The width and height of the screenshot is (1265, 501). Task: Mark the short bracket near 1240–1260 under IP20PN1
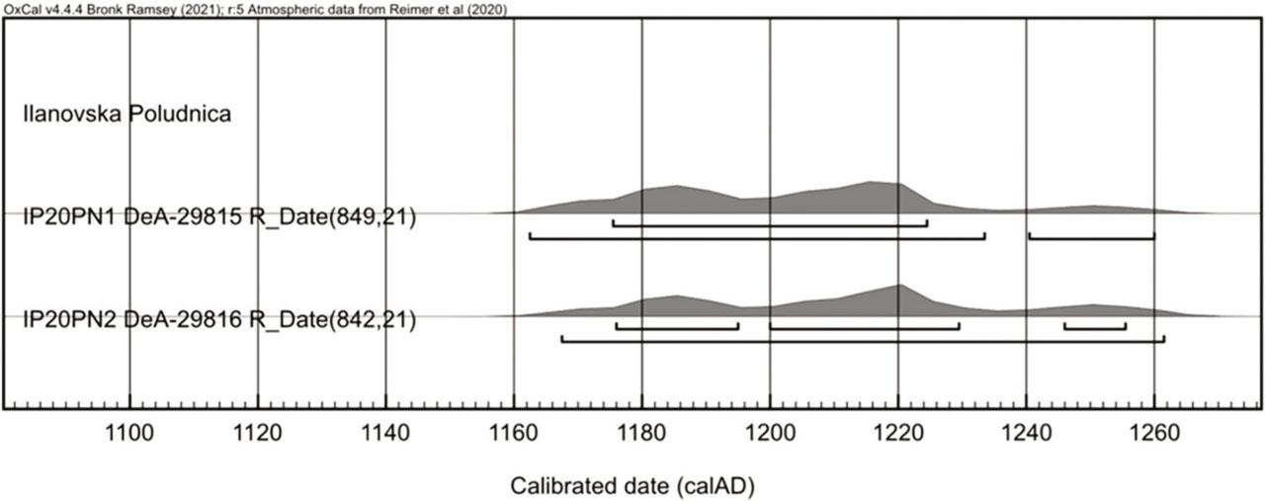tap(1091, 235)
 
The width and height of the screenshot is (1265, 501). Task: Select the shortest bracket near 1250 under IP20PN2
tap(1094, 325)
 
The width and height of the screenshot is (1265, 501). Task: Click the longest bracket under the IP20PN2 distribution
tap(862, 340)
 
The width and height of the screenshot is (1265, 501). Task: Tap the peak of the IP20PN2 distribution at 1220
tap(898, 288)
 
